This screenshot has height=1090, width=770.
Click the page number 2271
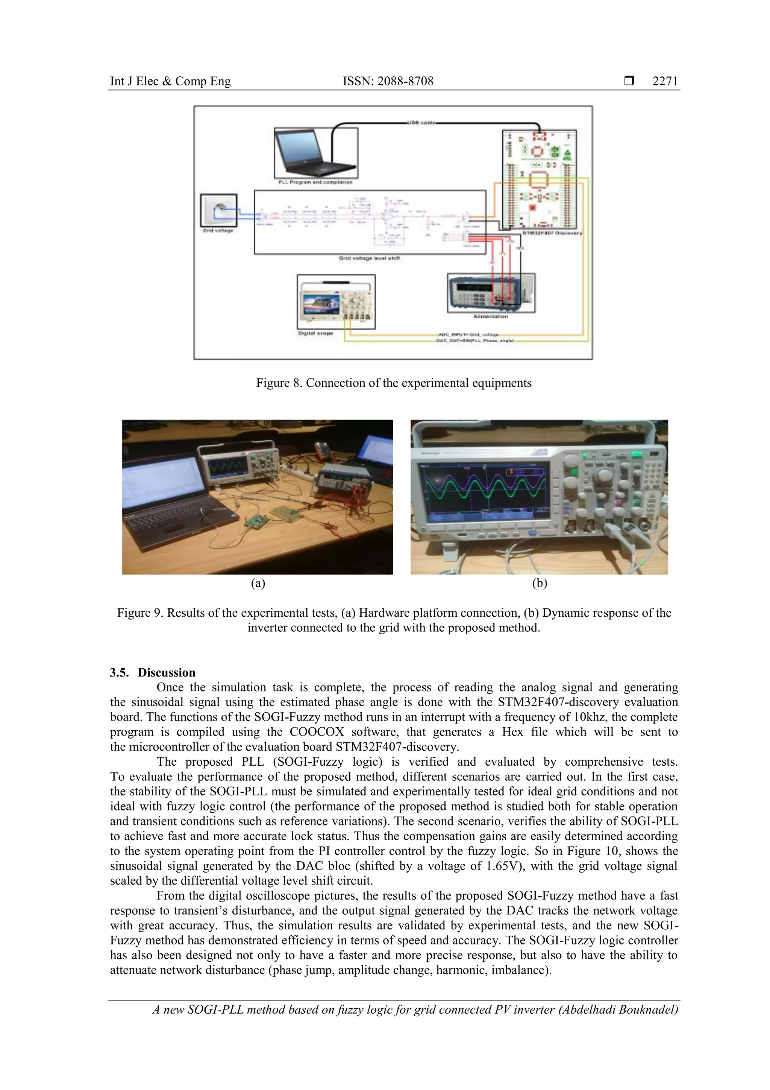click(x=665, y=81)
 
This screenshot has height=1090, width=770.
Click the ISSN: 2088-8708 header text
click(x=388, y=81)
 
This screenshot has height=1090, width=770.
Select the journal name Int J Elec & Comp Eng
click(x=170, y=81)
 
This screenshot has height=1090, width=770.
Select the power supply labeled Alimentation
click(x=491, y=293)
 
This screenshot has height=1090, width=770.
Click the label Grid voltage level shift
click(x=369, y=258)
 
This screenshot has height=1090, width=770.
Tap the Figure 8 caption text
click(x=393, y=383)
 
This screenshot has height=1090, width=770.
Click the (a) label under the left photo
click(x=258, y=583)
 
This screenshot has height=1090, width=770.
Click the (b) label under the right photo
click(x=540, y=583)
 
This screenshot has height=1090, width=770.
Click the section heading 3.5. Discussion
click(x=152, y=672)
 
